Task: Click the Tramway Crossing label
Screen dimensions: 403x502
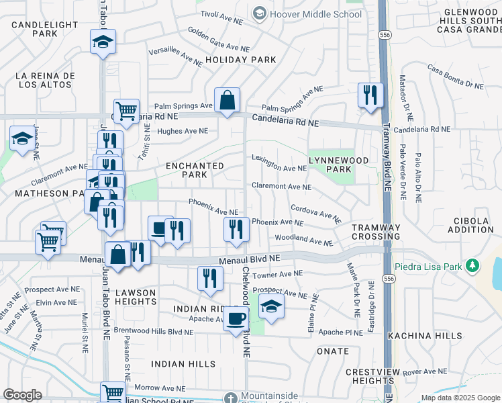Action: click(x=376, y=232)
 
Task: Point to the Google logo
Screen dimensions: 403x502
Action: click(x=21, y=395)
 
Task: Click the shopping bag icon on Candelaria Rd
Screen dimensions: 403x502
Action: click(x=228, y=101)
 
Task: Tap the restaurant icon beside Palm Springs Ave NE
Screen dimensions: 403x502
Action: click(x=370, y=95)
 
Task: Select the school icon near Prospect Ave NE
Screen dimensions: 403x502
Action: click(x=270, y=306)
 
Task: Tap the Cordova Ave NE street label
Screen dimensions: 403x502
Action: click(x=316, y=214)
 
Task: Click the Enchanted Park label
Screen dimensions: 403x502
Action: click(x=195, y=170)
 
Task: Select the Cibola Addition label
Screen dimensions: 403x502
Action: click(x=470, y=225)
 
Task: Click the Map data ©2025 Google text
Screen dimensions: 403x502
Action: click(x=460, y=398)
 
